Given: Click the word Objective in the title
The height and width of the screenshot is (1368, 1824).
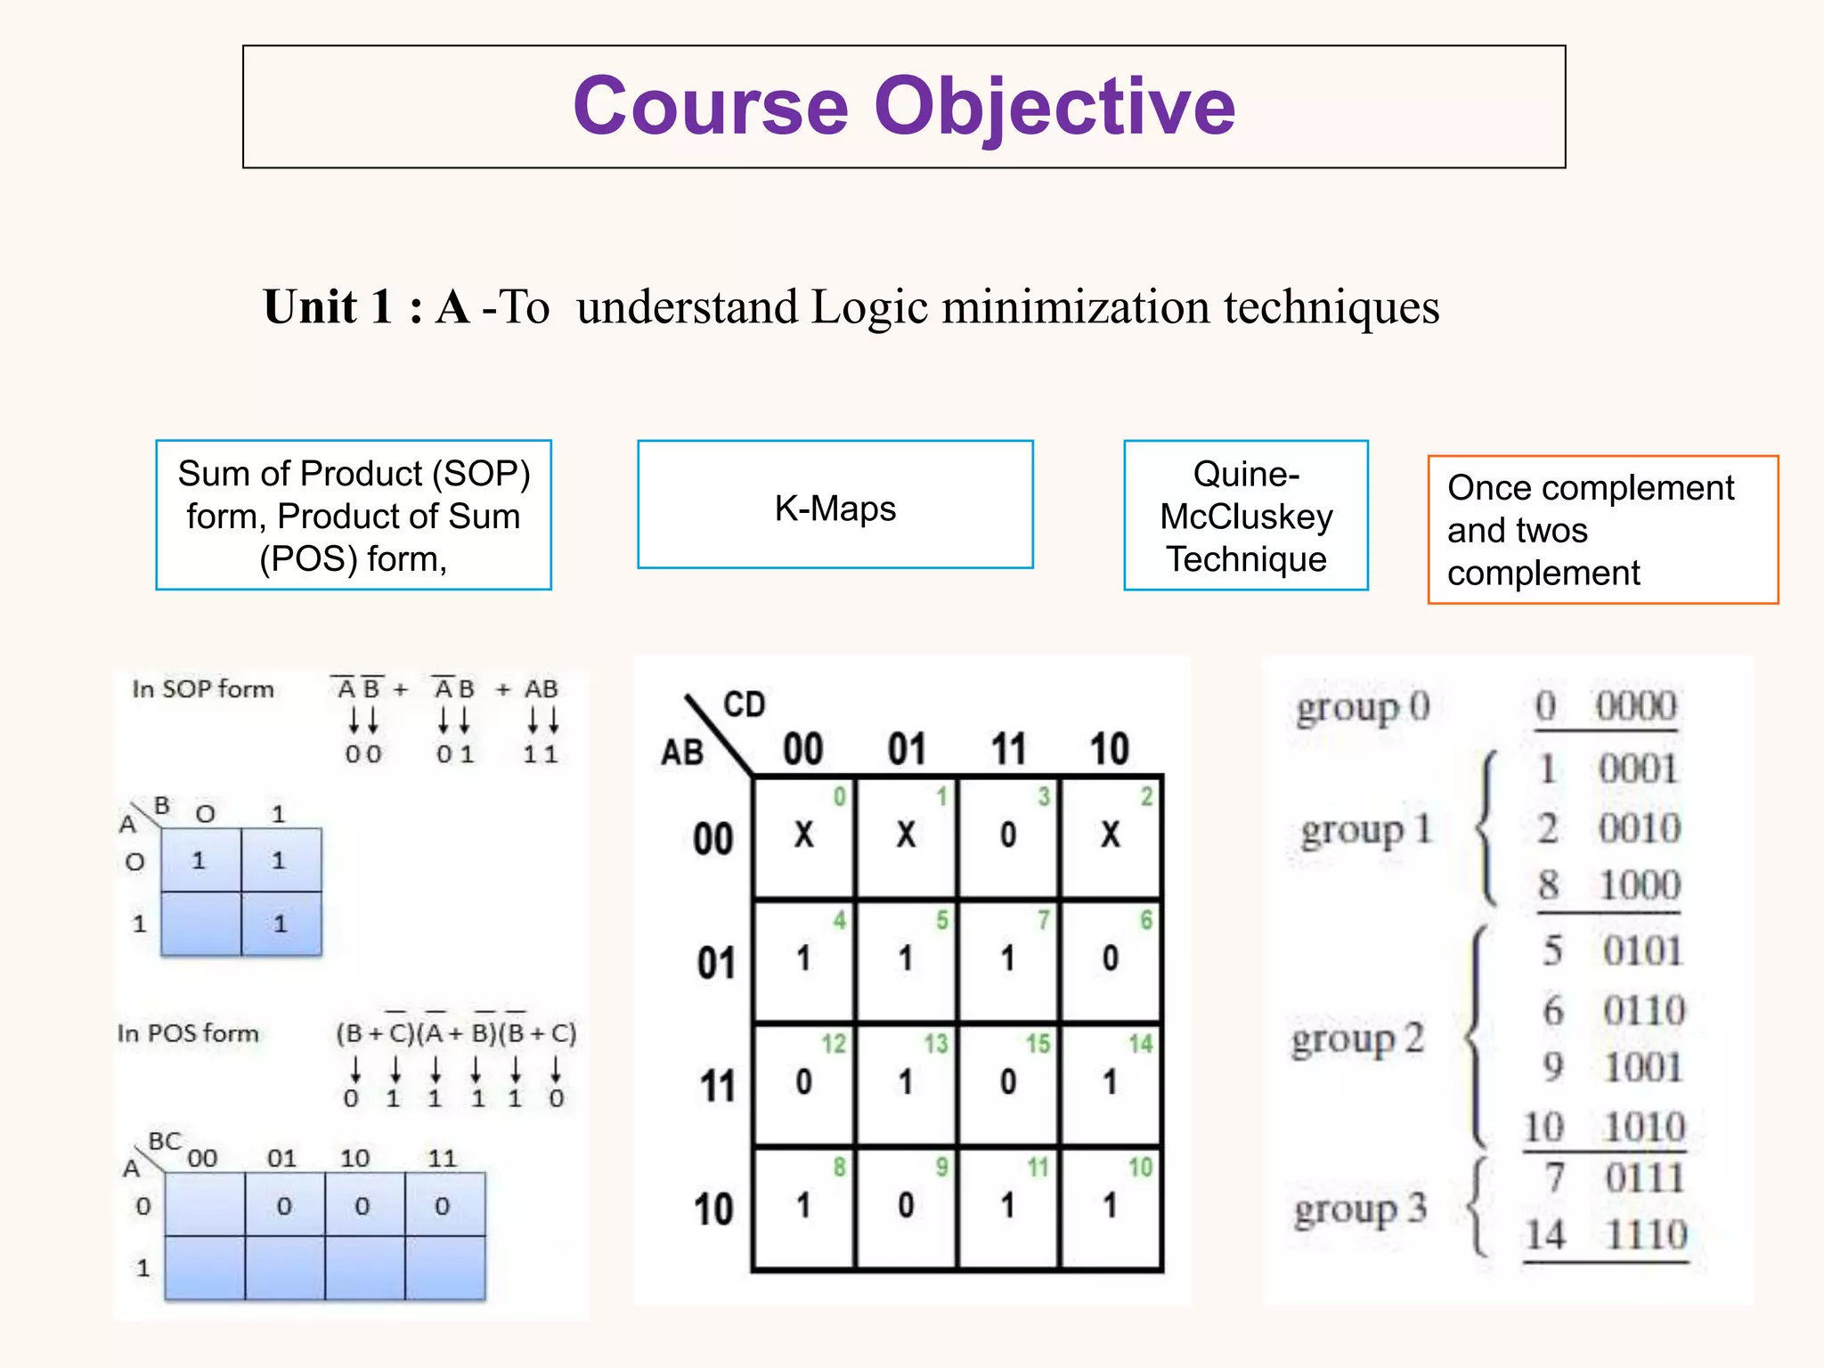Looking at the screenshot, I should [x=1054, y=107].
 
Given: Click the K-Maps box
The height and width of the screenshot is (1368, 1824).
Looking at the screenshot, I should [x=835, y=505].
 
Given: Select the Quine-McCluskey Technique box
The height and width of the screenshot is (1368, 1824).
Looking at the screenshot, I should [x=1245, y=515].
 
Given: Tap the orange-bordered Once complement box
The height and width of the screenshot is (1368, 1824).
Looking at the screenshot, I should [x=1602, y=530].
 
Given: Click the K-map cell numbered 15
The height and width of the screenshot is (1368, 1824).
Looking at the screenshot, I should [x=1008, y=1082].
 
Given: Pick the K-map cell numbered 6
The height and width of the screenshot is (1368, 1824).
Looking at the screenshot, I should [x=1111, y=958].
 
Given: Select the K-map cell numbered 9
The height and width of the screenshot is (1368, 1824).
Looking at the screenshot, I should [x=906, y=1206].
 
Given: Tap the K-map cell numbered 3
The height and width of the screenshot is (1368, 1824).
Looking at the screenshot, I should [x=1008, y=835].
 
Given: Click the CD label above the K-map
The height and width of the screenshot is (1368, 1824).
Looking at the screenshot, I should [x=744, y=704].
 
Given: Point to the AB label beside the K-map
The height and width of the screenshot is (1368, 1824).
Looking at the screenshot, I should [x=682, y=753].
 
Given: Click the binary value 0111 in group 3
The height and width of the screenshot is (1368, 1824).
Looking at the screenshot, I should [x=1644, y=1178].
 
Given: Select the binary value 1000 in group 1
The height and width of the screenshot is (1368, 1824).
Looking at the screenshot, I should [x=1640, y=885].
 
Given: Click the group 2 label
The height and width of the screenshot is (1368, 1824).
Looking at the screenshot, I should [x=1357, y=1039].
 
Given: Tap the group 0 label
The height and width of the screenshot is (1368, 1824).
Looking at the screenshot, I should [x=1363, y=708].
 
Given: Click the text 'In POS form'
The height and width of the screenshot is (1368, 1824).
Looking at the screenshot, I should [x=188, y=1033].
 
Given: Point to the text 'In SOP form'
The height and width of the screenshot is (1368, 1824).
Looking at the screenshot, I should [x=202, y=688].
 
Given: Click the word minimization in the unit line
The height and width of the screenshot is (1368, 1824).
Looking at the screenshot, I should [x=1075, y=307].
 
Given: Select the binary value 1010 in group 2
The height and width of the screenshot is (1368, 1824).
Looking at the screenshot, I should [x=1644, y=1128].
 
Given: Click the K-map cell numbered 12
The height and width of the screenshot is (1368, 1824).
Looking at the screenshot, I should [x=804, y=1082].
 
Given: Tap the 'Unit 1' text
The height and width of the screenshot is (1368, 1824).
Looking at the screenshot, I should [x=328, y=307].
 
